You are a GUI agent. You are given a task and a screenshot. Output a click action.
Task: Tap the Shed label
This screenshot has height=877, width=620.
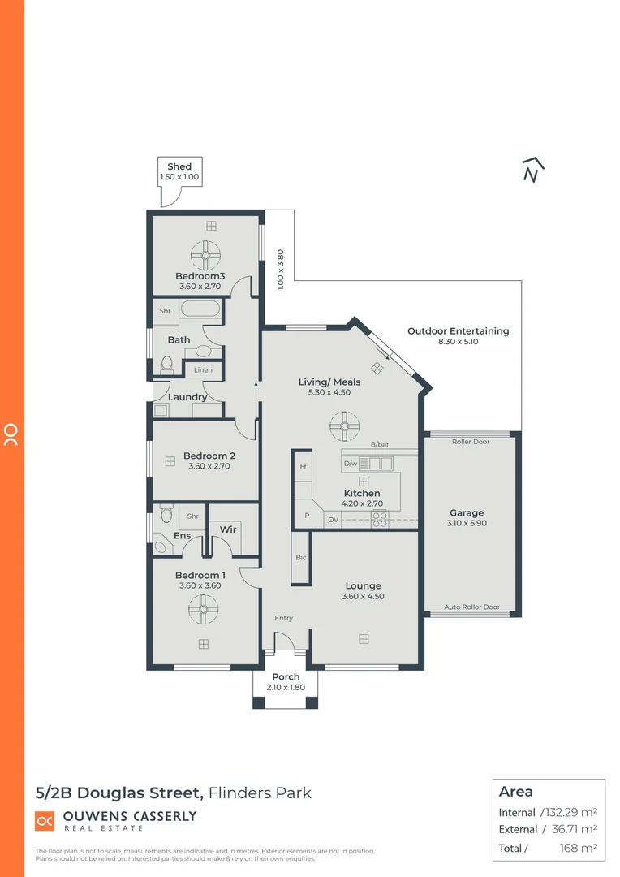coord(179,166)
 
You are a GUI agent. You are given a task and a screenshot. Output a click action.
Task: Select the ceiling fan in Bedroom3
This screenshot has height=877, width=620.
coord(206,256)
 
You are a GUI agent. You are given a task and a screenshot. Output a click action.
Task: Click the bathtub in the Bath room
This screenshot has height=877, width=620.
coord(199,309)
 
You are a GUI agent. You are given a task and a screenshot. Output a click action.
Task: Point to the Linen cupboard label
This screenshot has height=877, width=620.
coord(203,370)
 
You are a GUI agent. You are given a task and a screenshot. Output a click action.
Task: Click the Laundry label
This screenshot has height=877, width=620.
coord(187,397)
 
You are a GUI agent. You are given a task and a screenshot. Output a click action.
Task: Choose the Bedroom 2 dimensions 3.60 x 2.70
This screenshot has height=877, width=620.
coord(209,467)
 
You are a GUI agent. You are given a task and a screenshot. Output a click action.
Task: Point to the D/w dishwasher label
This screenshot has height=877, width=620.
coord(351,464)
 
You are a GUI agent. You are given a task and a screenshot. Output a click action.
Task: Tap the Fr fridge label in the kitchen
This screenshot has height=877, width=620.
coord(303,467)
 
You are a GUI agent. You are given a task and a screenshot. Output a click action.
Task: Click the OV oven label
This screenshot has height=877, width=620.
coord(333,519)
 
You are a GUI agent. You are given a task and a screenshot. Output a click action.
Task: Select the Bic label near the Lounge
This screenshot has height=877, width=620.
coord(301,557)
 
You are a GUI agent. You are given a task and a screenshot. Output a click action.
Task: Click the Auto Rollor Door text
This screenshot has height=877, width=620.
coord(471,607)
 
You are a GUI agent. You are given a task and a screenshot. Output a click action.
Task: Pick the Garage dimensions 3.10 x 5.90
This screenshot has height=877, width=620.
coord(467,524)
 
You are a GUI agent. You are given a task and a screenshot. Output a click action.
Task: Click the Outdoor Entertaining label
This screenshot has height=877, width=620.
coord(458,331)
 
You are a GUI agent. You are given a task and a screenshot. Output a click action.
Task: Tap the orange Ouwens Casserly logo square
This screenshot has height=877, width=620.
coord(45,821)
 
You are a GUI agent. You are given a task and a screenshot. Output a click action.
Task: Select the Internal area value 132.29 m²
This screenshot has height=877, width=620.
coord(569,812)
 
